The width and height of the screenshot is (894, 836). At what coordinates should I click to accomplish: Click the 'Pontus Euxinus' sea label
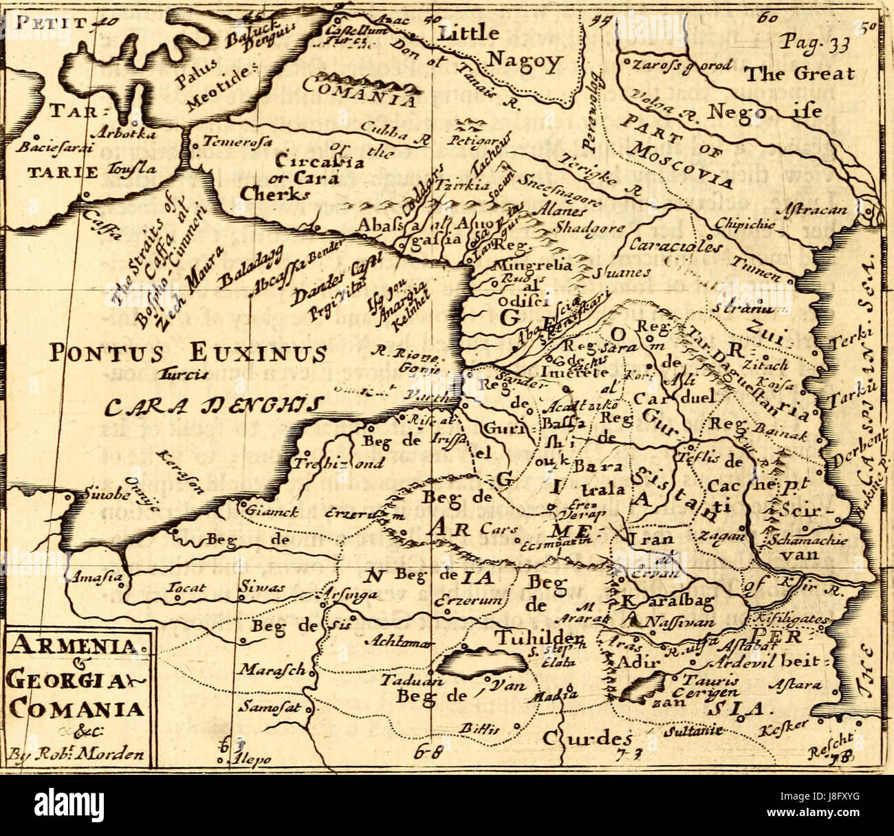pos(188,353)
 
